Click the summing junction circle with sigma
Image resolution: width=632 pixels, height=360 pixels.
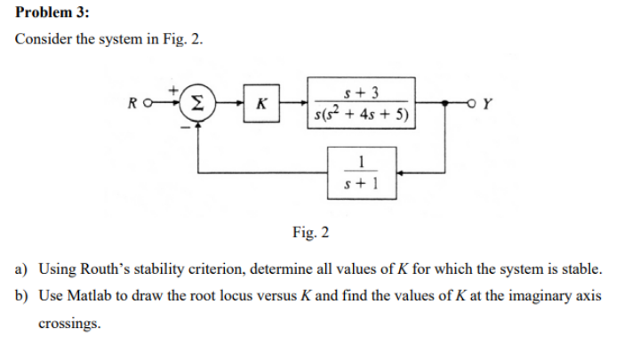(202, 104)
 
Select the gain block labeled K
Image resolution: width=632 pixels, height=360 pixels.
(260, 104)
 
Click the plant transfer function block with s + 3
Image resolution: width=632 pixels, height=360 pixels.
(360, 103)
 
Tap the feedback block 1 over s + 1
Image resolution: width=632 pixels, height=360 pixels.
(360, 172)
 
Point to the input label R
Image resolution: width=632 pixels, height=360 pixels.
(131, 104)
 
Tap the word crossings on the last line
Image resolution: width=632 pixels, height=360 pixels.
(68, 324)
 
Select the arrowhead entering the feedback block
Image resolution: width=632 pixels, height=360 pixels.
(399, 172)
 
